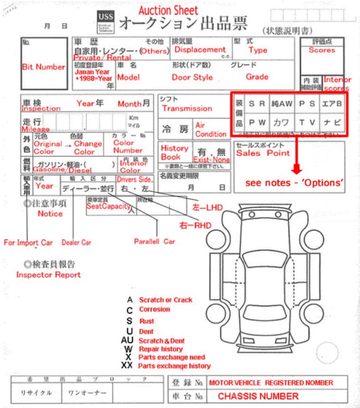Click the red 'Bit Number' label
pos(43,67)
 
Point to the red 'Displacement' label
pos(200,49)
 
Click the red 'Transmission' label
pos(187,109)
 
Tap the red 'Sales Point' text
pos(263,153)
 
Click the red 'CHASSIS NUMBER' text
pos(258,396)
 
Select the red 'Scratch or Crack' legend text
pos(166,300)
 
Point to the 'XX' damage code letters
pos(127,366)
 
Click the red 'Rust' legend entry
pos(147,321)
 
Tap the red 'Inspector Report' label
pos(48,275)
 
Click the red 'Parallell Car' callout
pos(155,241)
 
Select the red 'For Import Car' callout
pos(28,242)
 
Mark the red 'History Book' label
pos(174,153)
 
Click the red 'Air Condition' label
pos(211,130)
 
